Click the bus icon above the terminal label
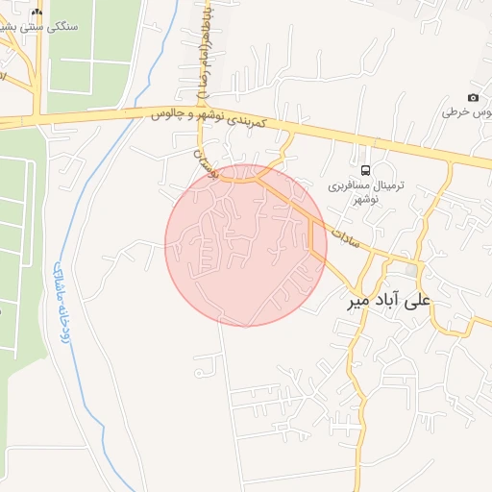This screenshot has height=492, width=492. [x=364, y=157]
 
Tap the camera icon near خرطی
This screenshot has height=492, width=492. [x=473, y=98]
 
